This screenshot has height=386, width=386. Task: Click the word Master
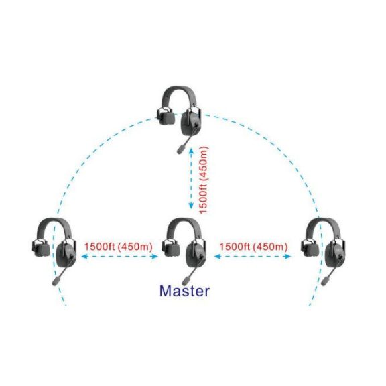click(x=185, y=291)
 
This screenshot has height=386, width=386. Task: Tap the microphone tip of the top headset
click(x=181, y=149)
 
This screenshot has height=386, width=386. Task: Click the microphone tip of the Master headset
click(x=186, y=281)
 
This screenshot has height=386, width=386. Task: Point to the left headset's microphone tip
click(x=56, y=281)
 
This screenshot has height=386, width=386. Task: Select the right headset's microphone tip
click(x=325, y=281)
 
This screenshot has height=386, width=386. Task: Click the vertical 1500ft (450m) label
click(x=204, y=180)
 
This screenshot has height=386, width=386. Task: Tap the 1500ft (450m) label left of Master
click(x=119, y=247)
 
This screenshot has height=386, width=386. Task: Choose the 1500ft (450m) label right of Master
click(x=253, y=247)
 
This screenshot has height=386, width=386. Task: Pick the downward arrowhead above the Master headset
click(x=191, y=206)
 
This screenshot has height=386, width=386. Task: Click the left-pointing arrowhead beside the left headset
click(x=85, y=257)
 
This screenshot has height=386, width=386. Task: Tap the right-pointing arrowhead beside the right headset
click(x=287, y=257)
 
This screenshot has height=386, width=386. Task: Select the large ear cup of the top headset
click(x=191, y=123)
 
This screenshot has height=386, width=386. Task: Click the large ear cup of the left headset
click(x=66, y=255)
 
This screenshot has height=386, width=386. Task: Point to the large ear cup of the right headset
click(x=335, y=255)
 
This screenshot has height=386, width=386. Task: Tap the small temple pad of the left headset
click(x=41, y=249)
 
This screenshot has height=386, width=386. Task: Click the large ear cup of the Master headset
click(x=196, y=255)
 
